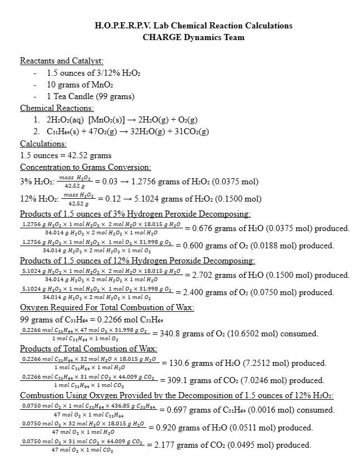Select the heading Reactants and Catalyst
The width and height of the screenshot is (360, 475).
point(61,60)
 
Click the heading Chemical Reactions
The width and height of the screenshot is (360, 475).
point(57,107)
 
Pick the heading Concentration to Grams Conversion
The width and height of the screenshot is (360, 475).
point(86,167)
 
